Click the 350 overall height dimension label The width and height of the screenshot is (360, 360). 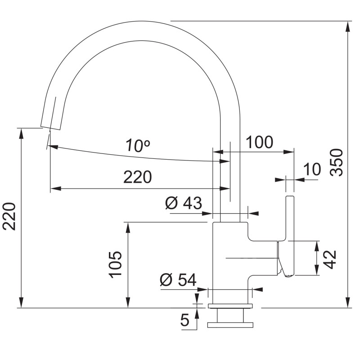[337, 162]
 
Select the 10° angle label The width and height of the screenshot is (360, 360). [138, 145]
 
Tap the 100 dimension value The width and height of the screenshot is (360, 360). [260, 142]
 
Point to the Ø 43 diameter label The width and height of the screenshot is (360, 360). [184, 203]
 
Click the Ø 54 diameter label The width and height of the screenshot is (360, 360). [178, 279]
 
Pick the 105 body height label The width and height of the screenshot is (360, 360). [115, 265]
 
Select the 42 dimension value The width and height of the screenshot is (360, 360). [330, 260]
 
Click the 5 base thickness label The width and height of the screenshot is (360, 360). [185, 320]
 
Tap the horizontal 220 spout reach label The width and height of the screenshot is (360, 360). [138, 177]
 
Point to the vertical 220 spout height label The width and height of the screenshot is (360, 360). [9, 216]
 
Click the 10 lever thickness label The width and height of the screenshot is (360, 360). [312, 169]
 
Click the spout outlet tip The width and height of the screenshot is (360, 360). [50, 128]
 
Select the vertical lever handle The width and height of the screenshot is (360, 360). [290, 237]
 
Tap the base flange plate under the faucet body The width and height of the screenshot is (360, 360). [230, 306]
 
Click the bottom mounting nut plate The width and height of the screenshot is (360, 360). [230, 325]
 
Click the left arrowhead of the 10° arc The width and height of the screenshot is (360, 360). [53, 147]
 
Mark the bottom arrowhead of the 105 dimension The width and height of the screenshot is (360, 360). [128, 302]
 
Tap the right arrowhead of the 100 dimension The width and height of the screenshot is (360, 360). [289, 152]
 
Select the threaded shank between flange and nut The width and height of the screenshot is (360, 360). [230, 315]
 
